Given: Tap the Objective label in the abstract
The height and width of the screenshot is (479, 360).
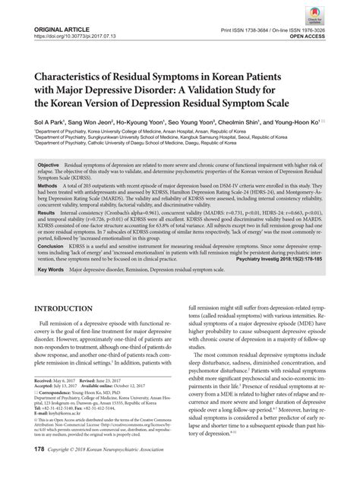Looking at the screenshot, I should click(x=49, y=165).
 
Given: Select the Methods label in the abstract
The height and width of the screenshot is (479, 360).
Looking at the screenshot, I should click(x=46, y=184).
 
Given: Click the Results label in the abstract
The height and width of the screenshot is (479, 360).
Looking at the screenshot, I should click(x=46, y=215).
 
